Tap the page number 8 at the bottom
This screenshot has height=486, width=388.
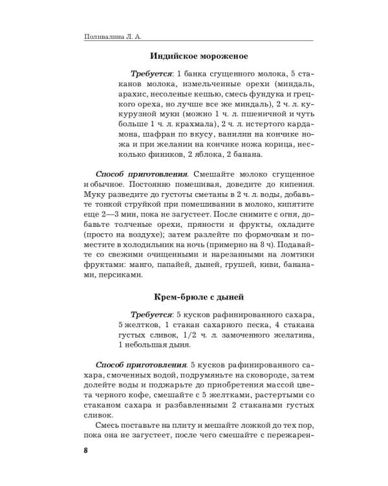coord(76,450)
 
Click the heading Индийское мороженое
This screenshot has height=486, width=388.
coord(199,56)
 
